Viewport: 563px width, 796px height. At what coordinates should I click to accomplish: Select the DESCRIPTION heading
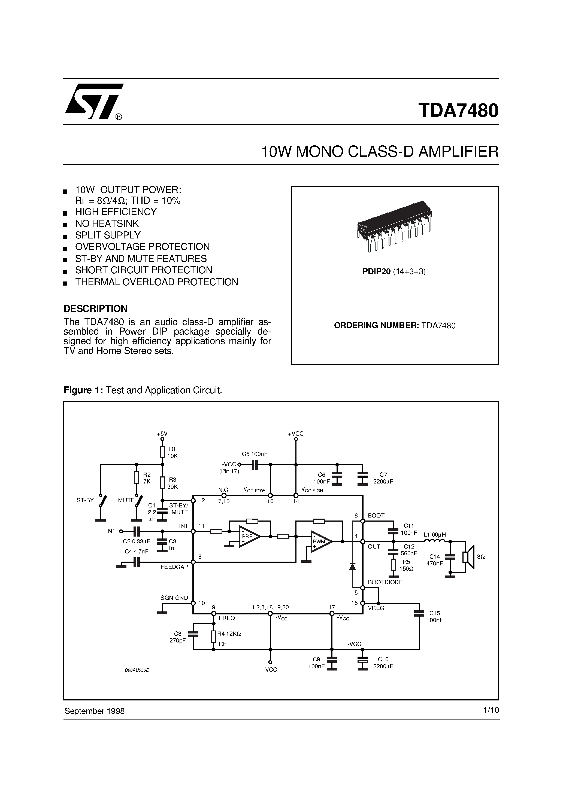tap(95, 308)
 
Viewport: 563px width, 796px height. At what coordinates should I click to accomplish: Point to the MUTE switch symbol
tap(140, 501)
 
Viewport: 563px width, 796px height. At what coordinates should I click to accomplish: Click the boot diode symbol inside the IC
tap(352, 566)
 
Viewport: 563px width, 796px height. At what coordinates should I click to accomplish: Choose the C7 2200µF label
tap(383, 478)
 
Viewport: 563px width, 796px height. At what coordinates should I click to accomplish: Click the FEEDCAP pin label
tap(174, 567)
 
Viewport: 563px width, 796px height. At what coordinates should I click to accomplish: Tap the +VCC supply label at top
tap(296, 434)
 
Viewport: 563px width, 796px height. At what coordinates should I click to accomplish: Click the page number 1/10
tap(491, 710)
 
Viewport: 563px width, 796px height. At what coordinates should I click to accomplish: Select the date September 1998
tap(94, 711)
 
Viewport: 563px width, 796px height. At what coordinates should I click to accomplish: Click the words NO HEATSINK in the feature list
tap(107, 223)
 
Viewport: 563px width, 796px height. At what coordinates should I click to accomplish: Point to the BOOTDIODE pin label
tap(385, 582)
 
